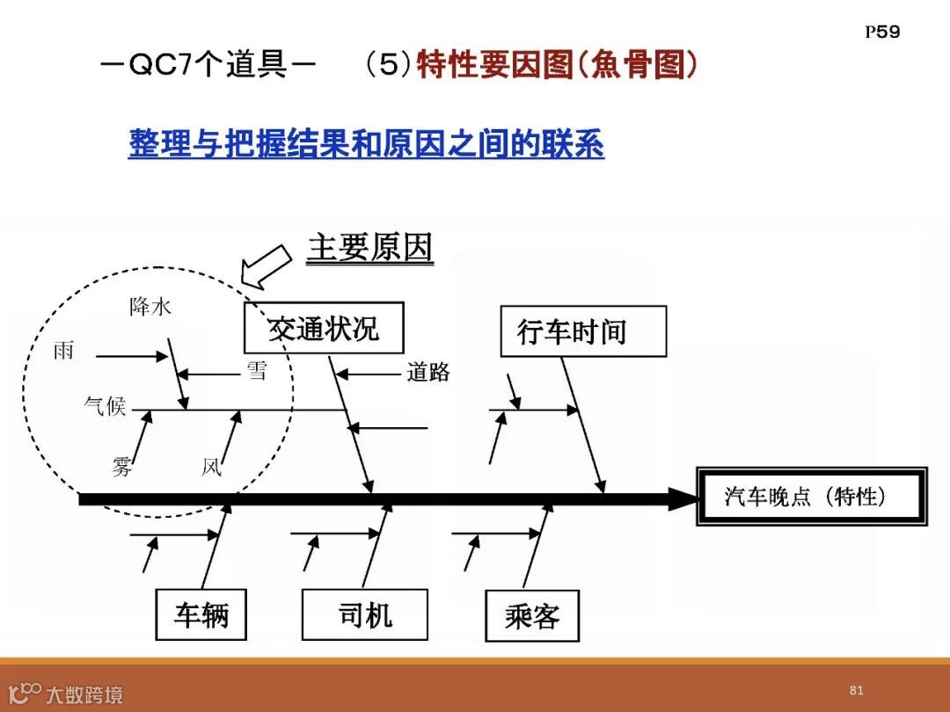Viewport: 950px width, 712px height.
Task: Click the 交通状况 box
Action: tap(323, 328)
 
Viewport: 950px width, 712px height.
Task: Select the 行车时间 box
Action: tap(582, 331)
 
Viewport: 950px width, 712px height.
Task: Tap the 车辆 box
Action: tap(201, 614)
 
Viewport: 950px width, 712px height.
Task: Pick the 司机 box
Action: tap(364, 614)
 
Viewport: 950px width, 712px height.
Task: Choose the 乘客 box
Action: tap(532, 615)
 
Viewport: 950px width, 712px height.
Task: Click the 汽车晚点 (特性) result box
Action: tap(811, 497)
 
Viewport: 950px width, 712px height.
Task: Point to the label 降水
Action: tap(150, 307)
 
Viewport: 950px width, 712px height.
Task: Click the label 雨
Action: tap(63, 352)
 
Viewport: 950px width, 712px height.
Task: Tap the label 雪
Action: tap(256, 371)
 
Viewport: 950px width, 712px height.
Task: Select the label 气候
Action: tap(105, 406)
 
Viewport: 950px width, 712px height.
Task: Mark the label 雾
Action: tap(122, 467)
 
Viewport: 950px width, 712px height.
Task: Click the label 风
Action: tap(211, 467)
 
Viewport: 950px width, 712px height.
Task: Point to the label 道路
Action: tap(428, 373)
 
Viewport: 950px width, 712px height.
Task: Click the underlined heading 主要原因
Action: tap(369, 250)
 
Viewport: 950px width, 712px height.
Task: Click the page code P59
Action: tap(882, 33)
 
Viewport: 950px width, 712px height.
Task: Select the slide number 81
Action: tap(856, 690)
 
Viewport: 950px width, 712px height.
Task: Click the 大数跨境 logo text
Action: tap(84, 695)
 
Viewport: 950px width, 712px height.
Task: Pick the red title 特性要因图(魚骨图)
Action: tap(558, 66)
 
